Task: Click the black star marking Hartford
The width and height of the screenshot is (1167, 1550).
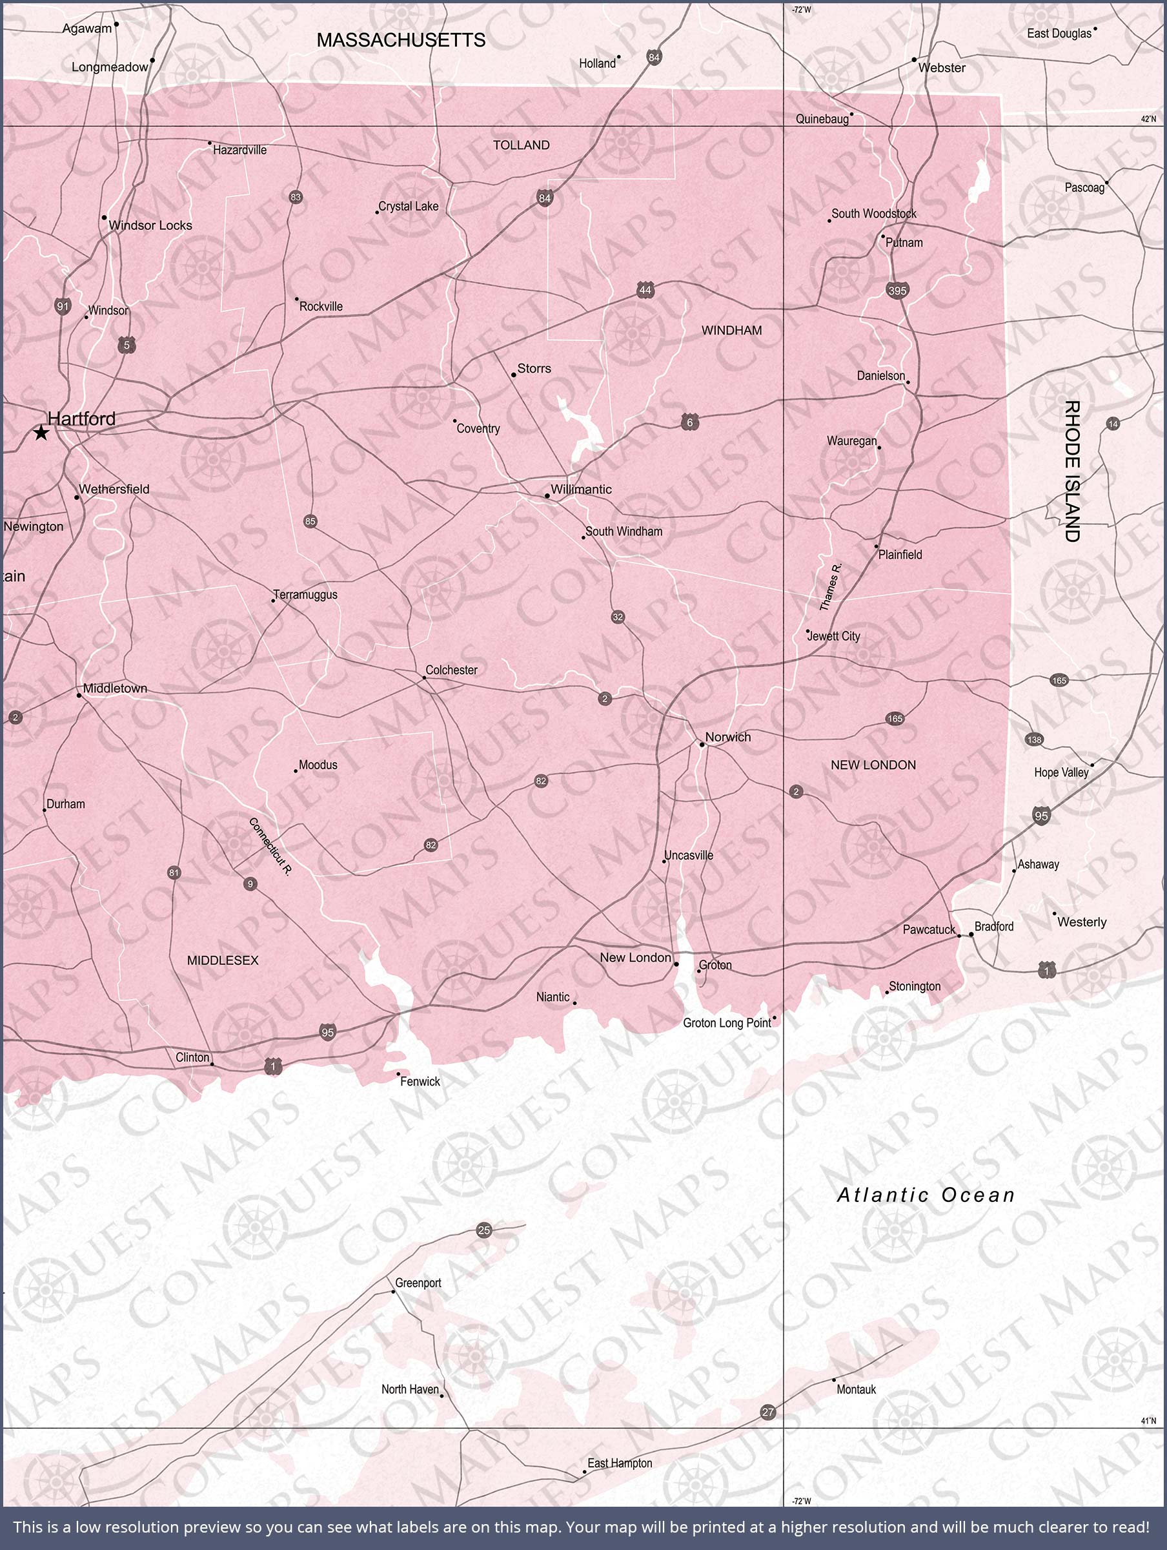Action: (x=41, y=433)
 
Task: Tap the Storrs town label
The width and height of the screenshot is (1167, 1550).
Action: (x=534, y=369)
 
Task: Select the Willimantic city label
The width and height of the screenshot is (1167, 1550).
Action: (x=581, y=489)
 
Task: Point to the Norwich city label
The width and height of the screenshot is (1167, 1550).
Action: (x=728, y=736)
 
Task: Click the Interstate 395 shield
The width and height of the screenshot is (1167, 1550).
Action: (x=897, y=290)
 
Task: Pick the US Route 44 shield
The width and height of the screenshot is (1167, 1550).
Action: (x=645, y=290)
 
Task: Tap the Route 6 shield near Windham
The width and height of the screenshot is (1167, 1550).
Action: (x=690, y=422)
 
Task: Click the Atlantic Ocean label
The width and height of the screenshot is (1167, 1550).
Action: (x=926, y=1195)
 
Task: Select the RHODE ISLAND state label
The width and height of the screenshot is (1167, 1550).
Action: (x=1071, y=471)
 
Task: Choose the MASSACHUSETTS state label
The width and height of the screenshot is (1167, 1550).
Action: (x=401, y=40)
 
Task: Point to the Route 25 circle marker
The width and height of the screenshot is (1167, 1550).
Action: (x=484, y=1230)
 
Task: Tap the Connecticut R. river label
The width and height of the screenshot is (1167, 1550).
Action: (x=270, y=846)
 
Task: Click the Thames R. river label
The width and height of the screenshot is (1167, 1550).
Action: (x=830, y=586)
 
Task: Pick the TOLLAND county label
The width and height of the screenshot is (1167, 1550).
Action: (x=521, y=145)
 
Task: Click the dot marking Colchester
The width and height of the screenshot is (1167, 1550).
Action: (x=425, y=677)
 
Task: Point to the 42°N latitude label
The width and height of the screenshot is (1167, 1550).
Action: (x=1148, y=119)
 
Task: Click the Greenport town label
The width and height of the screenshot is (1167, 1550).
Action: (x=418, y=1283)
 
